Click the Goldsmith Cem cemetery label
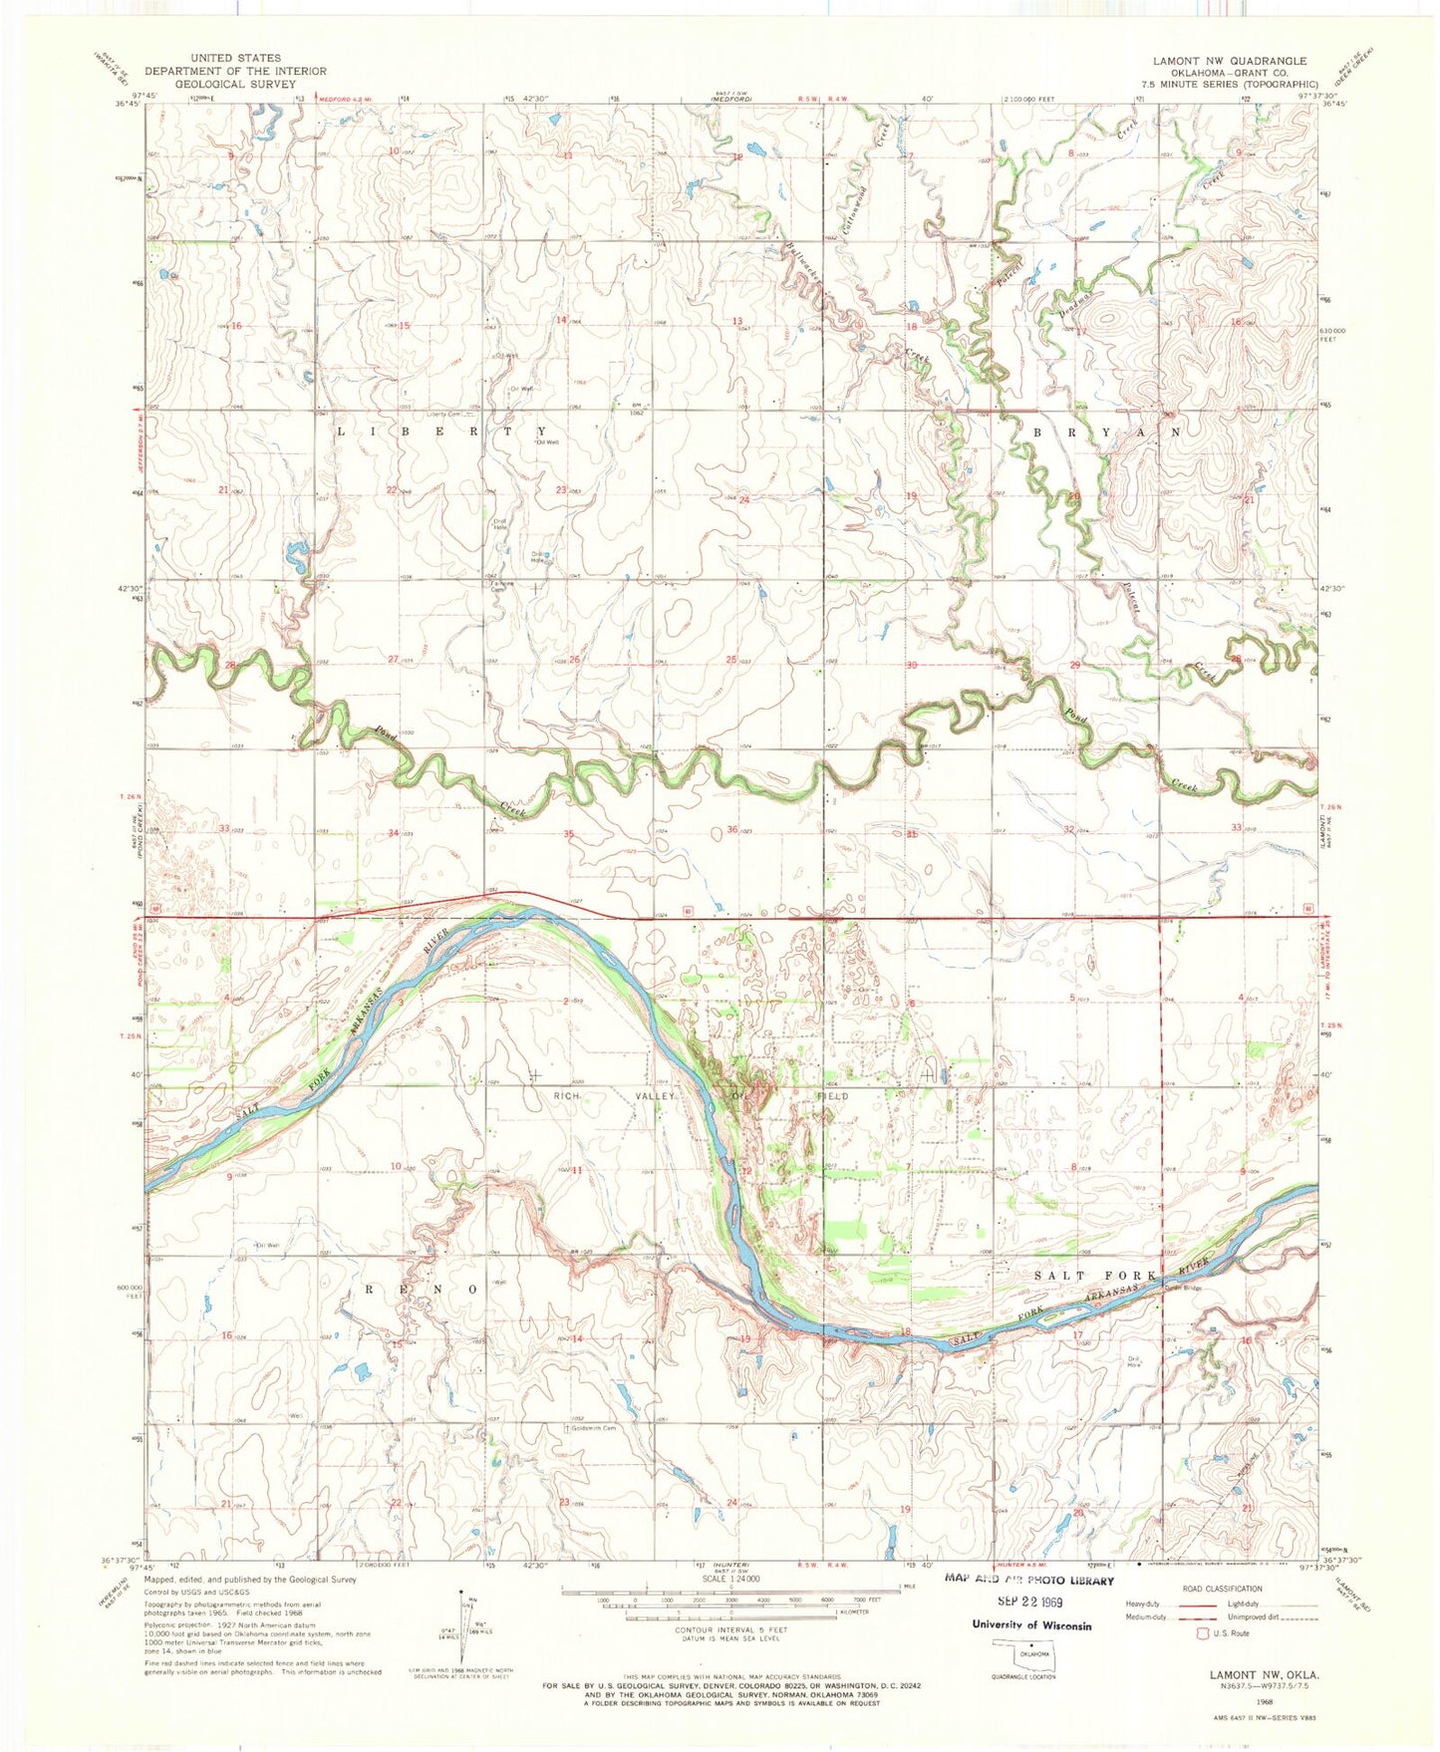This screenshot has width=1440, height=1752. (592, 1428)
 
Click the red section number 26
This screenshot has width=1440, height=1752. (574, 660)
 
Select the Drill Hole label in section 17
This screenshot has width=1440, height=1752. (1133, 1361)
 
